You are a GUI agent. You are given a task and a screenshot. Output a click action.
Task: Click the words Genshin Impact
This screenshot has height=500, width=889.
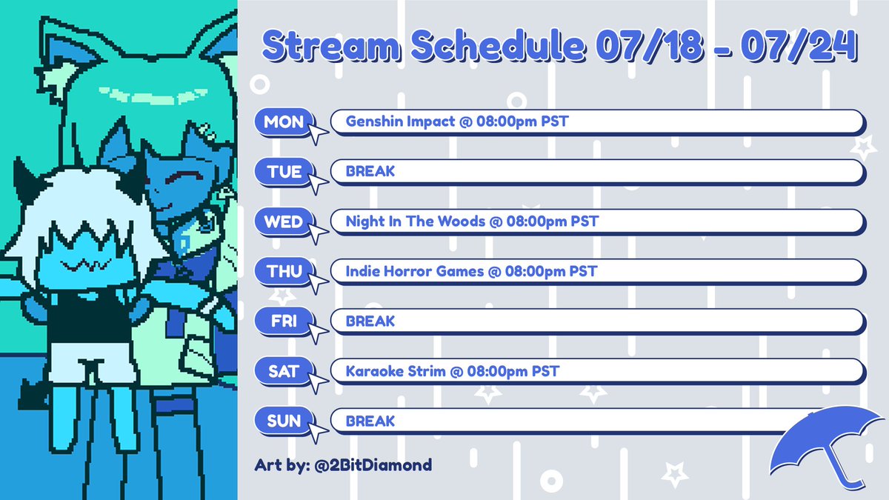click(x=400, y=121)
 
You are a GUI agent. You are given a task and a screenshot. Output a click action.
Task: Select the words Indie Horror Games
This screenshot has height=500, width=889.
click(x=414, y=271)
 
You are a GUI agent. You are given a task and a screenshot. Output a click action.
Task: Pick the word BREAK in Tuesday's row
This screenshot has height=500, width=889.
click(x=370, y=171)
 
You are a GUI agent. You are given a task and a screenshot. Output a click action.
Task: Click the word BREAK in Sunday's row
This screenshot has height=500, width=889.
click(x=370, y=421)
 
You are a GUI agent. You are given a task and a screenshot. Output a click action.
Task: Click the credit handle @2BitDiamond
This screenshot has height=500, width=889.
click(x=373, y=465)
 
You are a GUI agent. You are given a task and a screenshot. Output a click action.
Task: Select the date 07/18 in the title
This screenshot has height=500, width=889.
click(x=650, y=45)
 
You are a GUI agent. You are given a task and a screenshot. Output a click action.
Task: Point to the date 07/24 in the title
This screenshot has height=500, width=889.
click(x=798, y=45)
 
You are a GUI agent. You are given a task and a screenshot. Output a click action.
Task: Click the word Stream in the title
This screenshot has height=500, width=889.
click(x=331, y=45)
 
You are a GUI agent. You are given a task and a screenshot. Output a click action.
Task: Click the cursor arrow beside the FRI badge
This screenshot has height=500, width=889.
click(x=318, y=332)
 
